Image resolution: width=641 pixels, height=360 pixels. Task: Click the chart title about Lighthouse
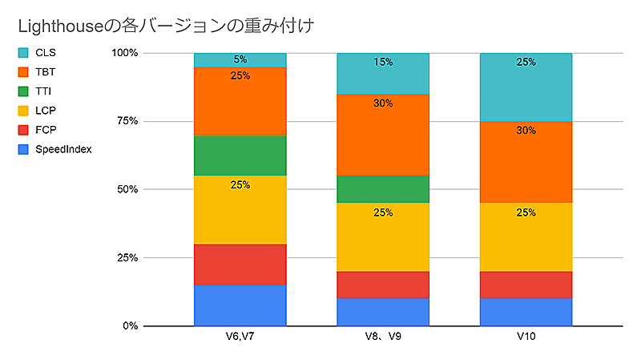coord(165,26)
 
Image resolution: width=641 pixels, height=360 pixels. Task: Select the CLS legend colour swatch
coord(24,53)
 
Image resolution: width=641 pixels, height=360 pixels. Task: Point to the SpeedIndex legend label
coord(63,149)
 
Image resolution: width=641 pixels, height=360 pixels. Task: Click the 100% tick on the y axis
coord(125,53)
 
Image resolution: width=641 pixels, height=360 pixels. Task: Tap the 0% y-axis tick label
coord(130,326)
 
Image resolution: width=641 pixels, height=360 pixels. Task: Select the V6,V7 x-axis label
coord(240,338)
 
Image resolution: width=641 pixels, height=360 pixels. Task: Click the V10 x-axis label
coord(526,338)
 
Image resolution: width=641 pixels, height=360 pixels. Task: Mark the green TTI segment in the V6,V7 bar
coord(240,156)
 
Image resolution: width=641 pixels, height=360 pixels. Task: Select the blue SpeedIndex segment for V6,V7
coord(240,305)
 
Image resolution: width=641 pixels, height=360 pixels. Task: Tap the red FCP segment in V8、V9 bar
coord(382,285)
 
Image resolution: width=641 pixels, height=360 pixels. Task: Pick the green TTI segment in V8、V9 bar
coord(382,189)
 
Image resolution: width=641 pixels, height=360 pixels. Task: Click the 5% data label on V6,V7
coord(240,59)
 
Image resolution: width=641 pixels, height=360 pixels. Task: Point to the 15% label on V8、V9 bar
coord(382,63)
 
